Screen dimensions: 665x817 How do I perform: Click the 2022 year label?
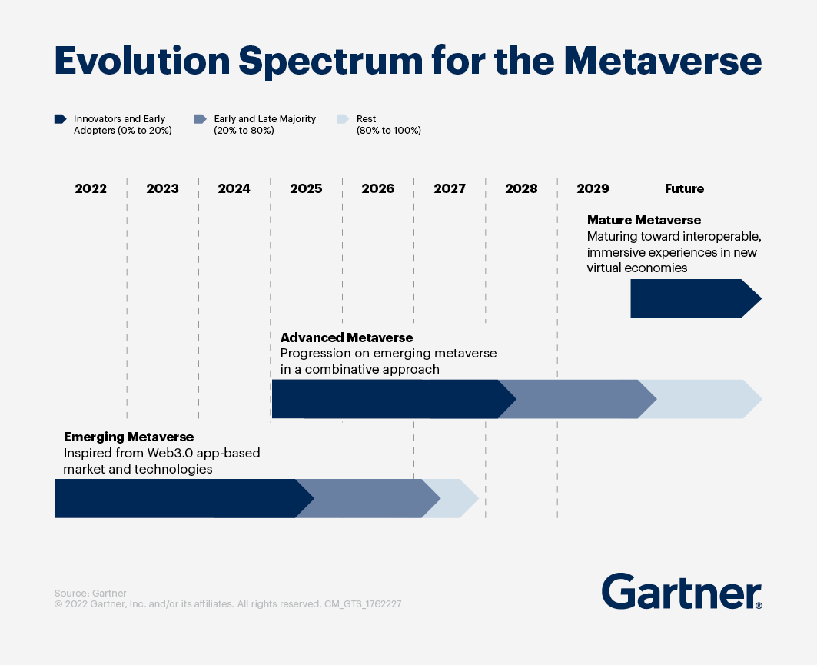click(x=91, y=188)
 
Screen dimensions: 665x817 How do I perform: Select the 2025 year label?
click(x=306, y=188)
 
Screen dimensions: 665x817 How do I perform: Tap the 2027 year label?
click(x=450, y=188)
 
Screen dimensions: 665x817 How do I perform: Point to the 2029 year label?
click(x=593, y=188)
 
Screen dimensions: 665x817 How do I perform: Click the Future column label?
click(x=684, y=188)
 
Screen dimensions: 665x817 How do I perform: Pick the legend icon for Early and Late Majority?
click(x=201, y=119)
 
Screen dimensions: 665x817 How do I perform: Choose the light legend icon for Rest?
click(x=344, y=119)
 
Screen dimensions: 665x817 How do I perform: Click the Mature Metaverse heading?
click(x=644, y=221)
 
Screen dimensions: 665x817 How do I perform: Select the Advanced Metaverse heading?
click(x=347, y=337)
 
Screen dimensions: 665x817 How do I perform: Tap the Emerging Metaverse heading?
click(x=128, y=437)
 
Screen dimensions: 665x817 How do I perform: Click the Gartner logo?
click(x=682, y=592)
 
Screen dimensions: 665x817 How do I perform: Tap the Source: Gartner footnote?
click(x=90, y=593)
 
